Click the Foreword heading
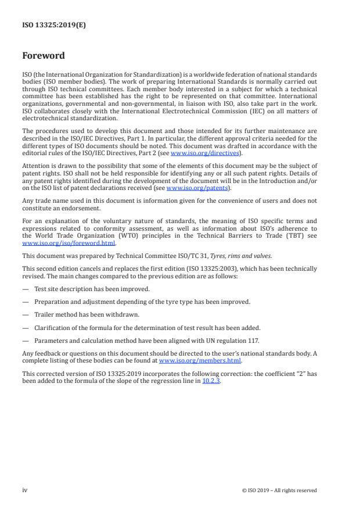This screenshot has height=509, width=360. [x=44, y=56]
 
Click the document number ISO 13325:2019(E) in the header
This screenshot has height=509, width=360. [x=54, y=25]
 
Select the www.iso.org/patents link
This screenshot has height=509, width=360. [x=189, y=188]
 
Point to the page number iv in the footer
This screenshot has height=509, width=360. [x=25, y=490]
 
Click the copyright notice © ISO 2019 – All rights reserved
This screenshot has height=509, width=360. [x=279, y=490]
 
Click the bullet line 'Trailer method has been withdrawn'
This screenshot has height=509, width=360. [x=87, y=314]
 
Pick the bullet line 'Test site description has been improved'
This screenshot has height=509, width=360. [x=92, y=289]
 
